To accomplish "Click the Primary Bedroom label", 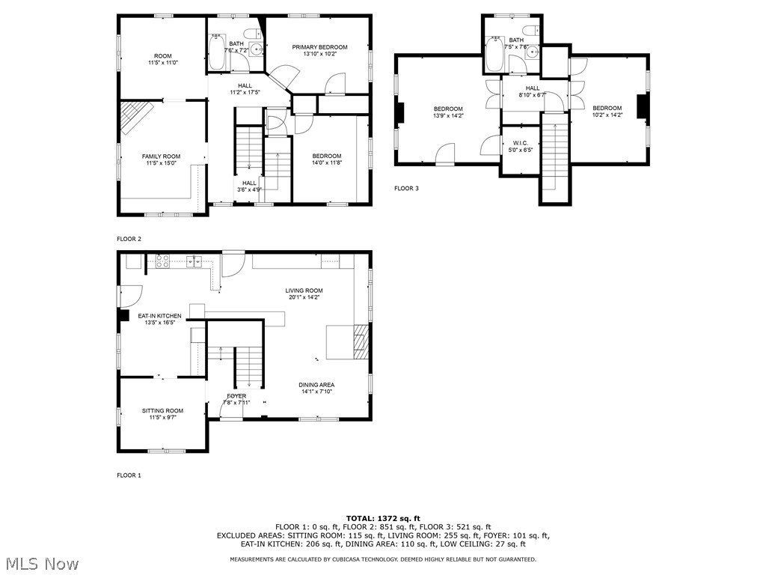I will [319, 47].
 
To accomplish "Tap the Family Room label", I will [162, 156].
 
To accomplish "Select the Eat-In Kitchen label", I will [159, 316].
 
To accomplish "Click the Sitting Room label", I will [162, 410].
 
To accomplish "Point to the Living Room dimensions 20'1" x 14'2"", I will [304, 297].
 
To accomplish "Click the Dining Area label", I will [317, 385].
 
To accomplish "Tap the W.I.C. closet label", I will [520, 142].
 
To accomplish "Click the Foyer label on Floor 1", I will [236, 396].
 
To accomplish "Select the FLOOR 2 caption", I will [129, 239].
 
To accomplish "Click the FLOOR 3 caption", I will [406, 188].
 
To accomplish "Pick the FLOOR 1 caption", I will [129, 475].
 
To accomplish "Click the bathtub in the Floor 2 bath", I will [216, 52].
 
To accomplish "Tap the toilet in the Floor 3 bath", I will [532, 31].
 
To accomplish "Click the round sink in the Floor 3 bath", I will [533, 63].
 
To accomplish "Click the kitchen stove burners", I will [162, 261].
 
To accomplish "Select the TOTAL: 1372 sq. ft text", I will [383, 518].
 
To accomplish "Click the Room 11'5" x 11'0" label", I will [162, 60].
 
